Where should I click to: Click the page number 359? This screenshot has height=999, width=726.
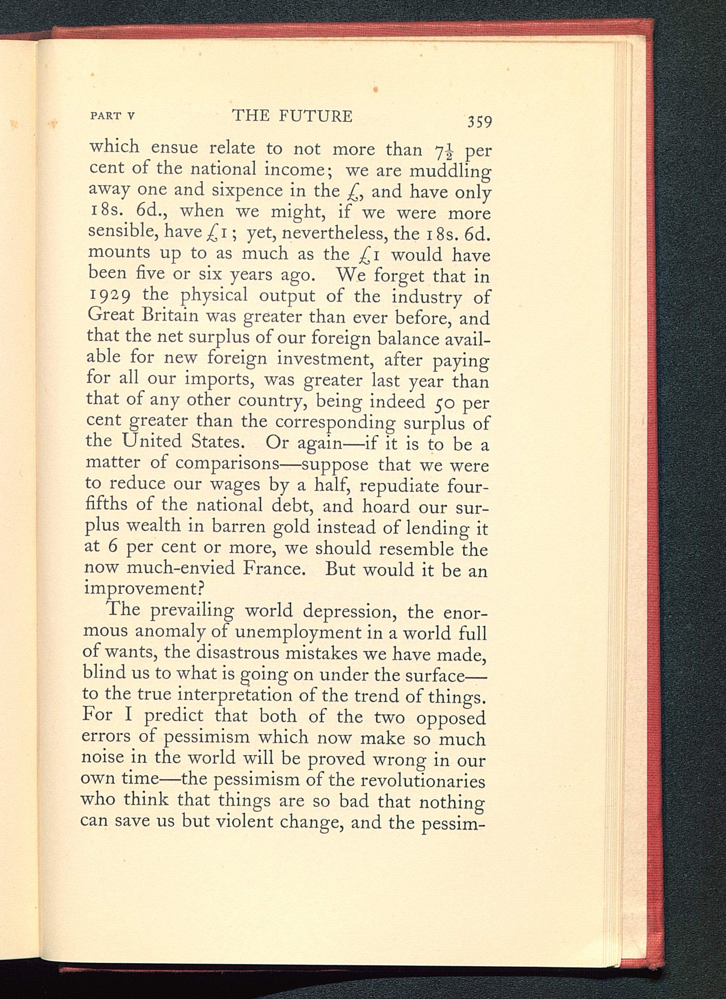click(x=480, y=121)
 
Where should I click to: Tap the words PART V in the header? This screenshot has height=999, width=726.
click(x=112, y=116)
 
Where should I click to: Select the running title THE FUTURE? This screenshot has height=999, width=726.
click(x=292, y=116)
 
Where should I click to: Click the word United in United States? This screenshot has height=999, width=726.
click(x=151, y=441)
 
